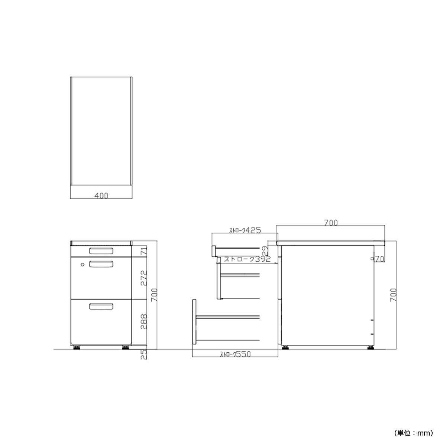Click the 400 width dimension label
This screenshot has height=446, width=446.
click(x=101, y=196)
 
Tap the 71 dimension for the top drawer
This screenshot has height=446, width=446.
click(x=144, y=251)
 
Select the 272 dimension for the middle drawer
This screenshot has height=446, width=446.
click(x=144, y=278)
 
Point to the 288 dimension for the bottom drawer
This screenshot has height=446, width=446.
click(x=144, y=321)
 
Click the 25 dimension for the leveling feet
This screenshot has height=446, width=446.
click(x=144, y=354)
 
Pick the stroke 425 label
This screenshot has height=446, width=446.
click(x=245, y=230)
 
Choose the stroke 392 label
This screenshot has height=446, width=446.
click(x=247, y=259)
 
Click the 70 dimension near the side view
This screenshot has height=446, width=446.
click(x=379, y=259)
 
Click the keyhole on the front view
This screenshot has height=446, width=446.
click(x=83, y=265)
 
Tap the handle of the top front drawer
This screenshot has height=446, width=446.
click(x=101, y=251)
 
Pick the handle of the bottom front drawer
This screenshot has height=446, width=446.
click(x=101, y=306)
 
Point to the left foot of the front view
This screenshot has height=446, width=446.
click(x=77, y=354)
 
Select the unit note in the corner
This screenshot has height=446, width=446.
click(x=413, y=433)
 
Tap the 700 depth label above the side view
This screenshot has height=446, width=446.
click(x=331, y=223)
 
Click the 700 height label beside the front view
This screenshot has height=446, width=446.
click(x=154, y=295)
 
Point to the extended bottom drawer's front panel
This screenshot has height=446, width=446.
click(x=194, y=322)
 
